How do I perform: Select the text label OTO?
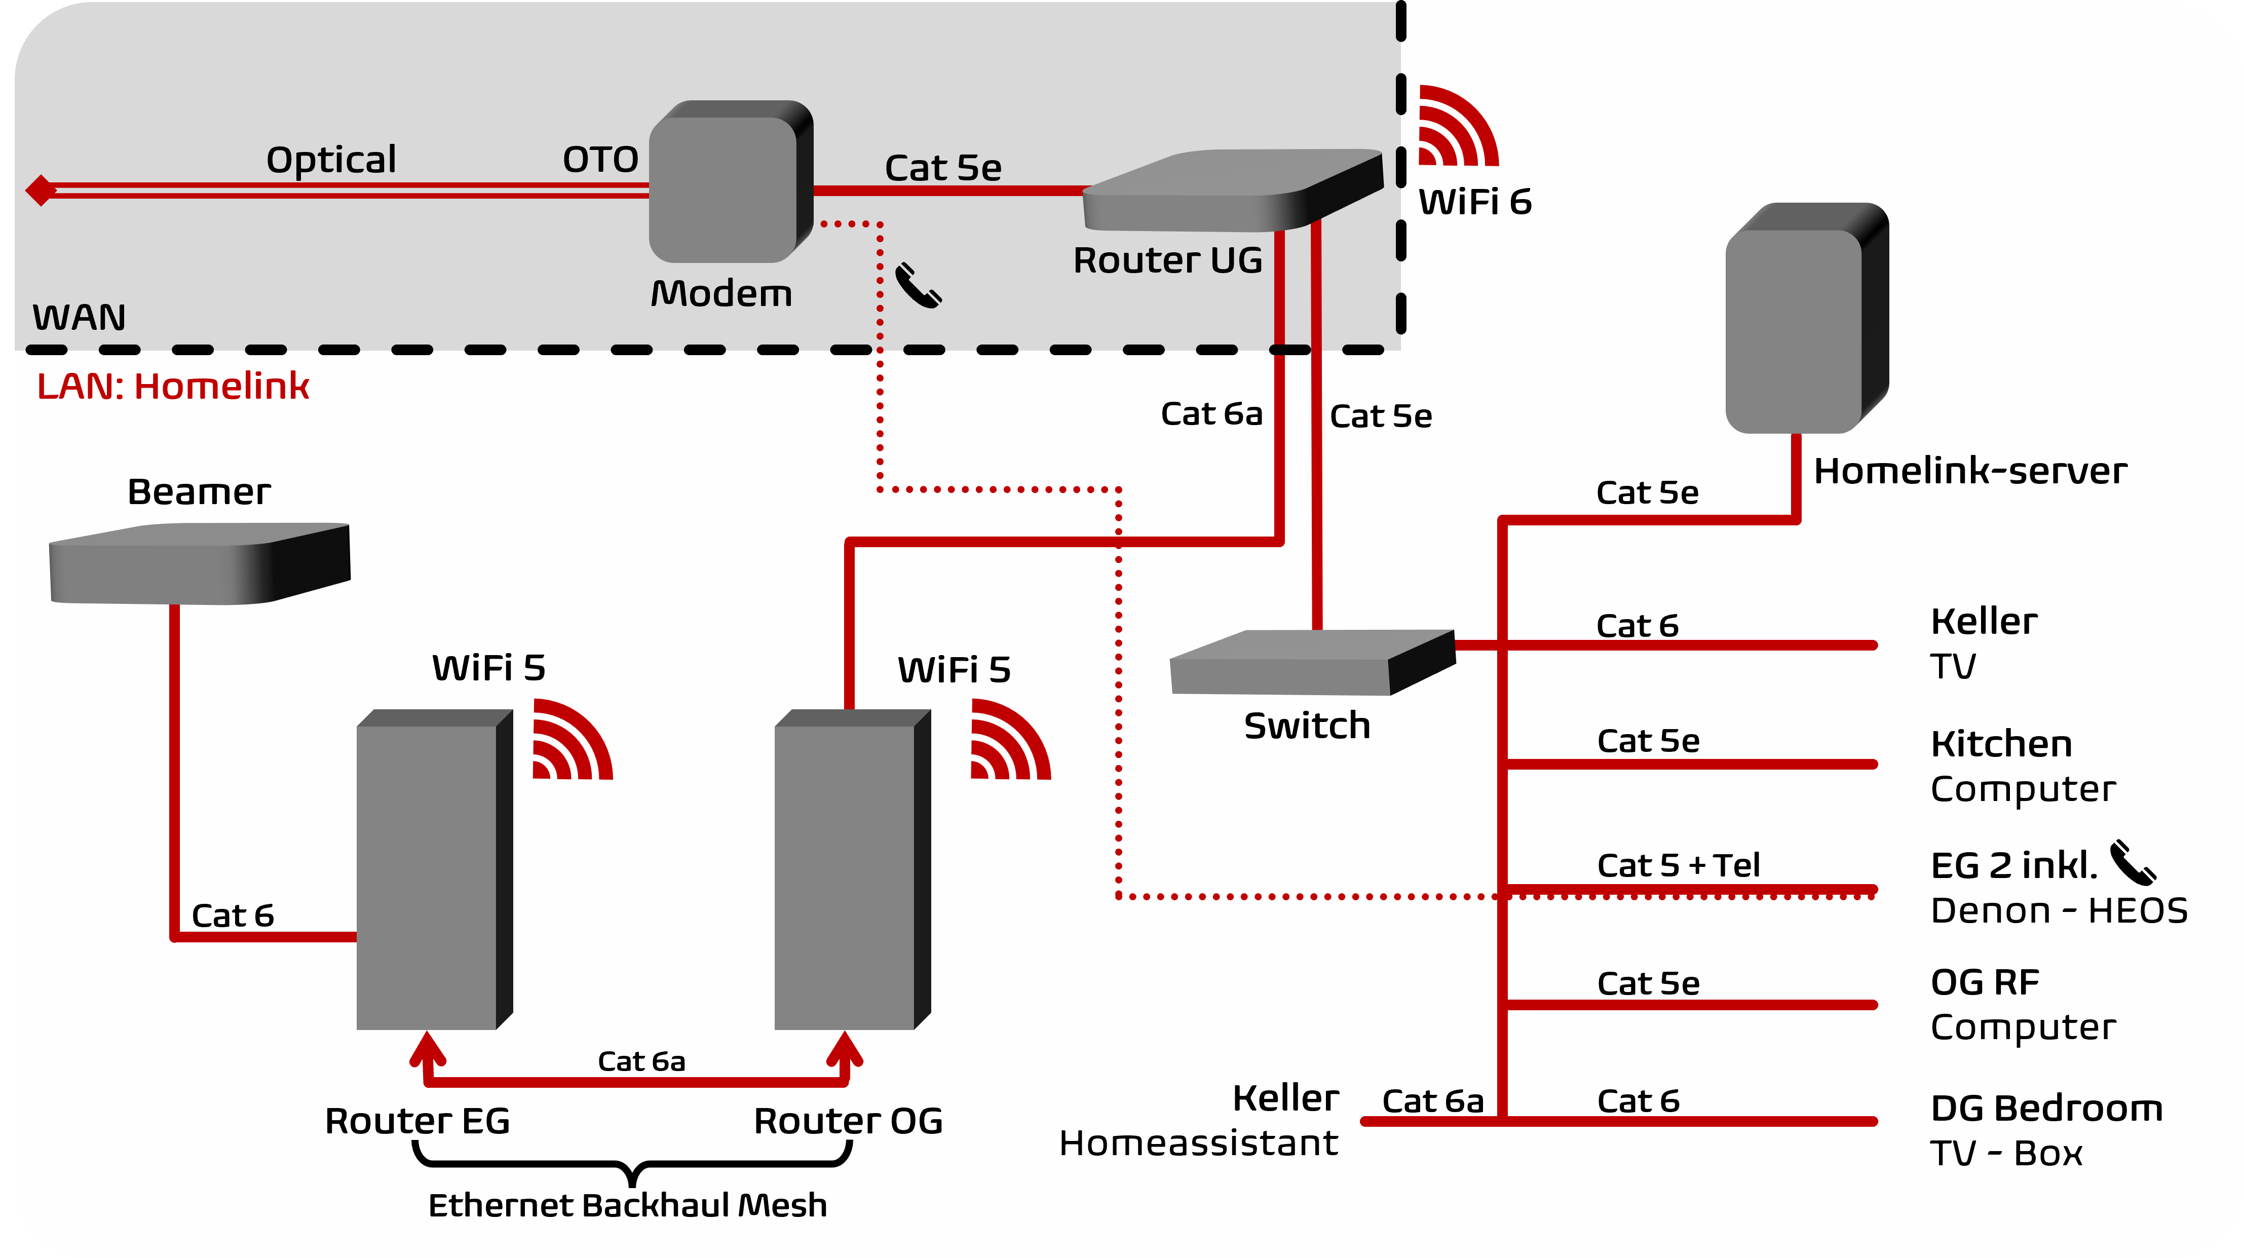(x=600, y=160)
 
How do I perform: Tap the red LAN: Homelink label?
(x=172, y=386)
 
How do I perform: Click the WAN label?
(x=79, y=317)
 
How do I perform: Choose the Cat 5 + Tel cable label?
(x=1678, y=865)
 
